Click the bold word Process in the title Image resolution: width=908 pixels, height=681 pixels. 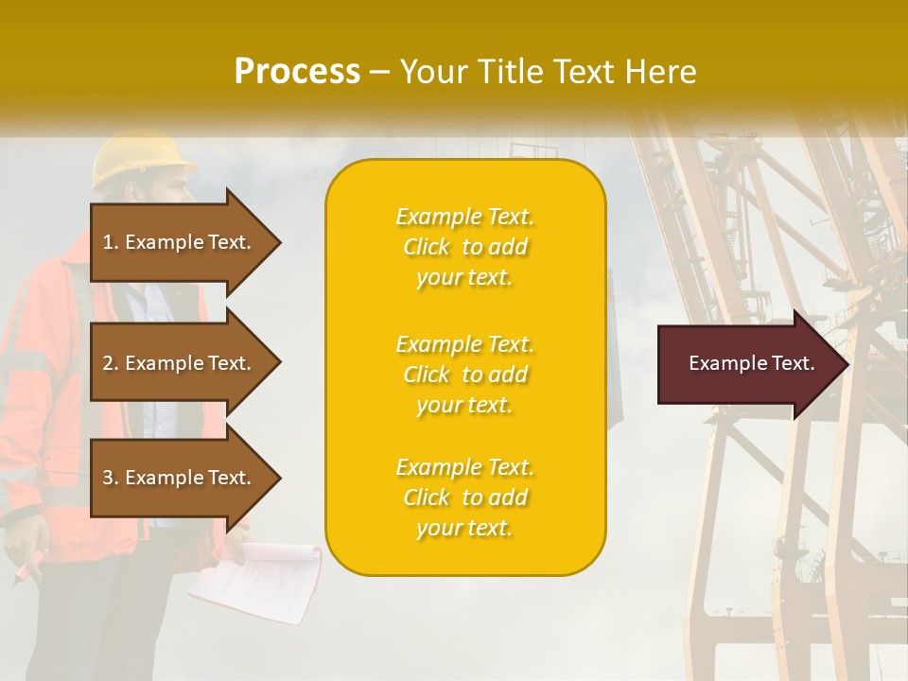click(x=297, y=72)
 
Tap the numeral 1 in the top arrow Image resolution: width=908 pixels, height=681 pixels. click(x=108, y=242)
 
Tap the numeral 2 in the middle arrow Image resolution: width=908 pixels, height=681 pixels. click(x=108, y=363)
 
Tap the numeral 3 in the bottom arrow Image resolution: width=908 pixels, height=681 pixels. click(x=108, y=478)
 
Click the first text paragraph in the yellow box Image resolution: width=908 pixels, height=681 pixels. click(x=464, y=247)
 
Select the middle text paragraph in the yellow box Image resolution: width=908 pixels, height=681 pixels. click(x=464, y=375)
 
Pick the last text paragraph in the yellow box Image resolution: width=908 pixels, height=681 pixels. click(x=464, y=498)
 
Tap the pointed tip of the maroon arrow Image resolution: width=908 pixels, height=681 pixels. click(x=846, y=364)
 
